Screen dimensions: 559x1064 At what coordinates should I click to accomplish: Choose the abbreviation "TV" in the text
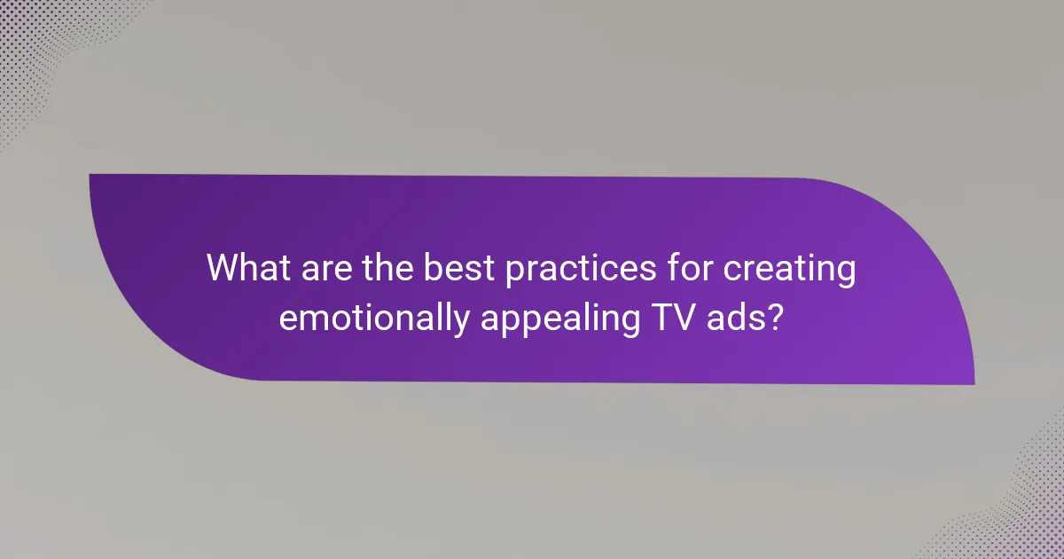click(x=665, y=317)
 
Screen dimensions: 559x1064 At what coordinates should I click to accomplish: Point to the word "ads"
click(x=731, y=317)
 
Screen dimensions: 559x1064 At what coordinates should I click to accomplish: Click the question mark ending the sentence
click(x=774, y=317)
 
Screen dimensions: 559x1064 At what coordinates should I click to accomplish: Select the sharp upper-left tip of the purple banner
click(x=92, y=176)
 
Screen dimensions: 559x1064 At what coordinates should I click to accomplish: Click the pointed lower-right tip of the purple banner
click(x=972, y=382)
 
